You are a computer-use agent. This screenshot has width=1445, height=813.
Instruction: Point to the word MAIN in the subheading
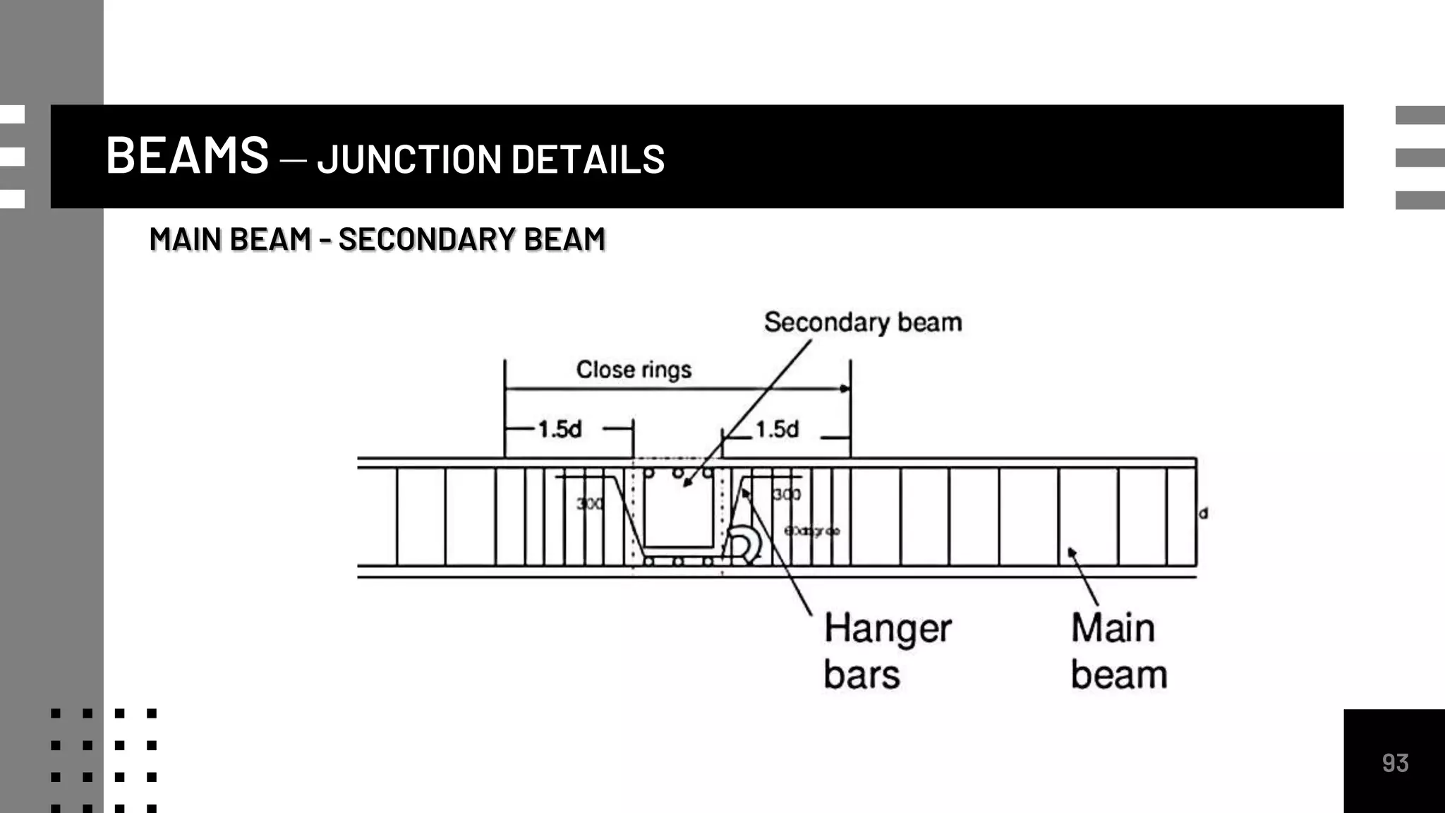pyautogui.click(x=185, y=239)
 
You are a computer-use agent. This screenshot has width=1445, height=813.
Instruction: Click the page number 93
pyautogui.click(x=1395, y=763)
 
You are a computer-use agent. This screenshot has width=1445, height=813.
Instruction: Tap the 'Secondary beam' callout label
pyautogui.click(x=862, y=323)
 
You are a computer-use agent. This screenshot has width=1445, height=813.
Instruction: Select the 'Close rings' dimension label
pyautogui.click(x=634, y=370)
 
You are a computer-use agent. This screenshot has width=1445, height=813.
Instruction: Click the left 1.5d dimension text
pyautogui.click(x=560, y=429)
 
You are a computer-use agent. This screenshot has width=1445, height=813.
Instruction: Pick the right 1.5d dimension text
pyautogui.click(x=777, y=429)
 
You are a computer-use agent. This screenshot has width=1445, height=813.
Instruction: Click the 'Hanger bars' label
pyautogui.click(x=886, y=651)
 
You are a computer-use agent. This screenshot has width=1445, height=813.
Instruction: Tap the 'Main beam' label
pyautogui.click(x=1118, y=651)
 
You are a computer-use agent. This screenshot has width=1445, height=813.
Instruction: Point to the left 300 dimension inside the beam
pyautogui.click(x=589, y=503)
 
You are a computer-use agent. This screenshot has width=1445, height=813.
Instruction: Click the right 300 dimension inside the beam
pyautogui.click(x=787, y=494)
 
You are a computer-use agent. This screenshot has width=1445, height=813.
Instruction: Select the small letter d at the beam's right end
pyautogui.click(x=1204, y=514)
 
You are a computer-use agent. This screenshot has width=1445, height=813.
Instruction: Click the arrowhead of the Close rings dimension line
pyautogui.click(x=845, y=389)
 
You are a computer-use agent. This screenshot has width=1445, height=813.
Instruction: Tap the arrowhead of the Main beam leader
pyautogui.click(x=1071, y=552)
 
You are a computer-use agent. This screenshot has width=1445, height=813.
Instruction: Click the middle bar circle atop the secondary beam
pyautogui.click(x=678, y=473)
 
